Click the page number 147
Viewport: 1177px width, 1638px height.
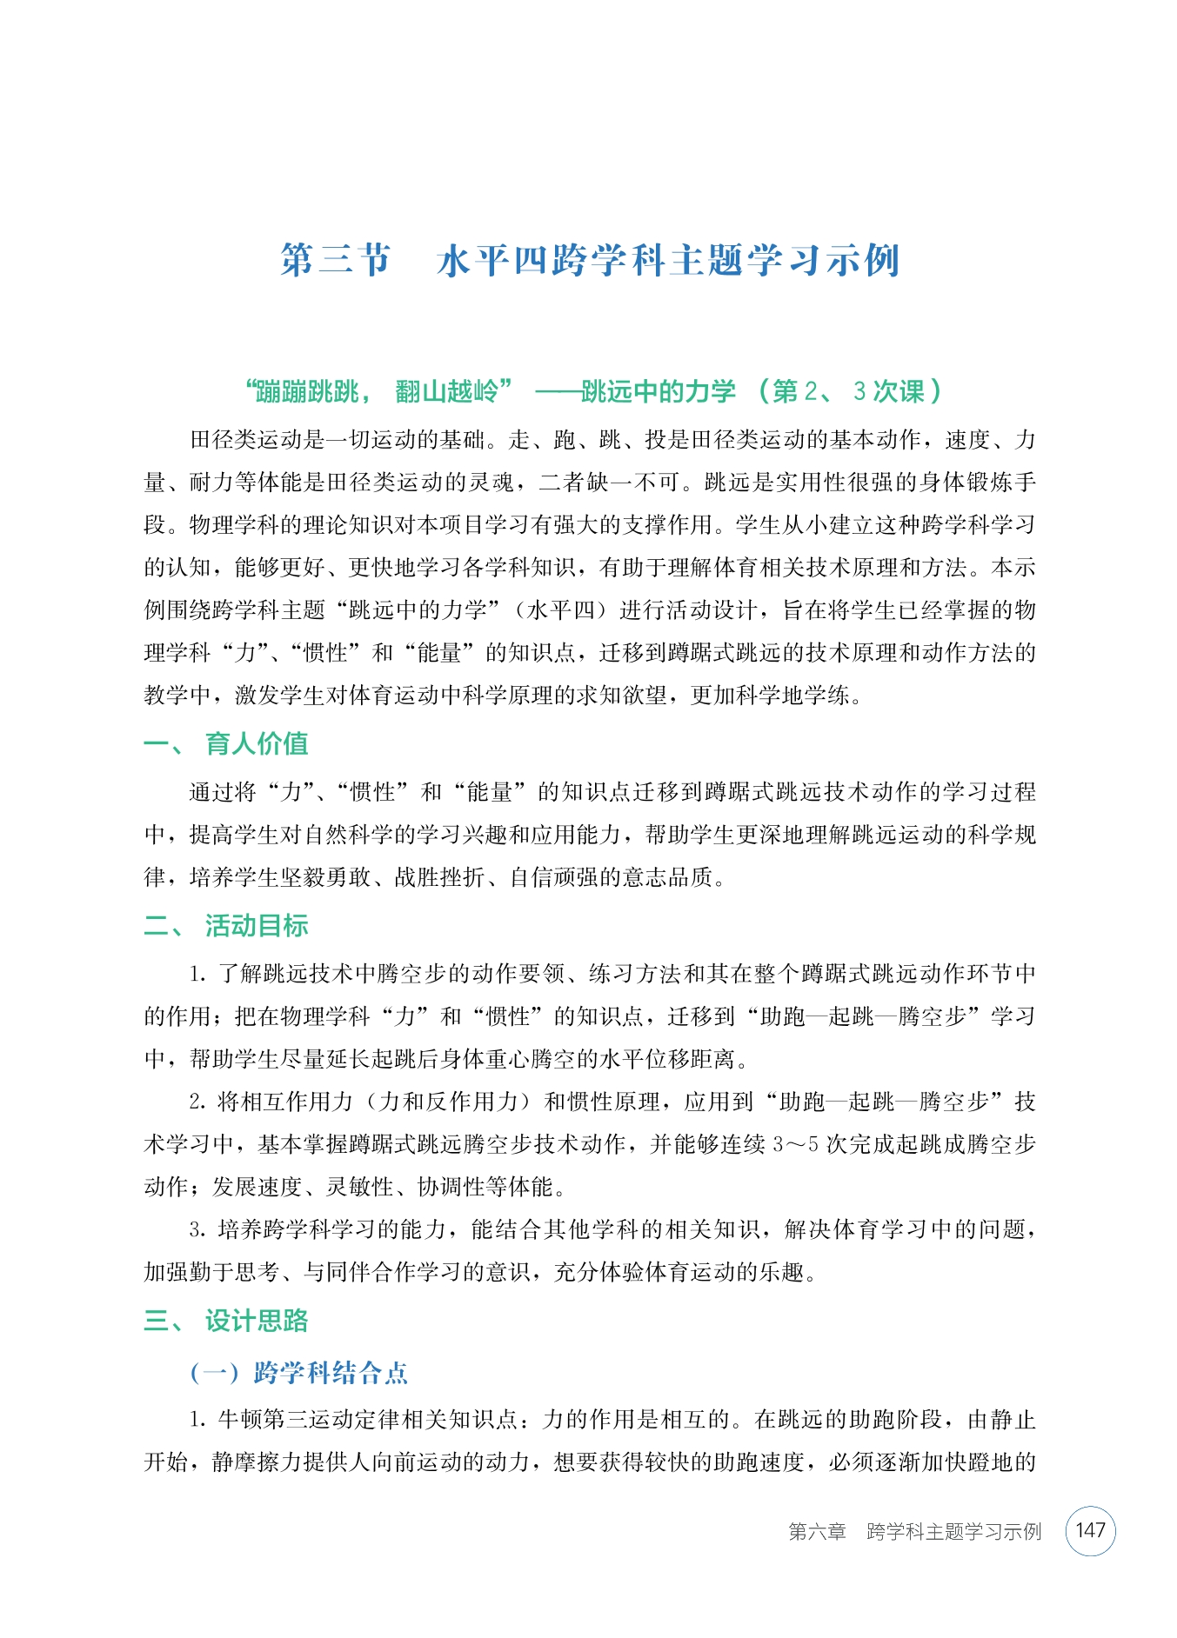(1090, 1531)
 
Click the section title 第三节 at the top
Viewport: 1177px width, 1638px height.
(336, 260)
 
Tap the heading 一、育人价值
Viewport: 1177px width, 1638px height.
(226, 743)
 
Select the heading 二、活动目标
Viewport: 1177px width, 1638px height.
(226, 925)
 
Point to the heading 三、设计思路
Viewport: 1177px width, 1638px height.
(226, 1321)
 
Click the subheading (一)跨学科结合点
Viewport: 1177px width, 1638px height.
(299, 1373)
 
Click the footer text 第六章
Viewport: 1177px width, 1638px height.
(817, 1532)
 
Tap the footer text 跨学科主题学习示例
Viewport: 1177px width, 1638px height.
(953, 1532)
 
